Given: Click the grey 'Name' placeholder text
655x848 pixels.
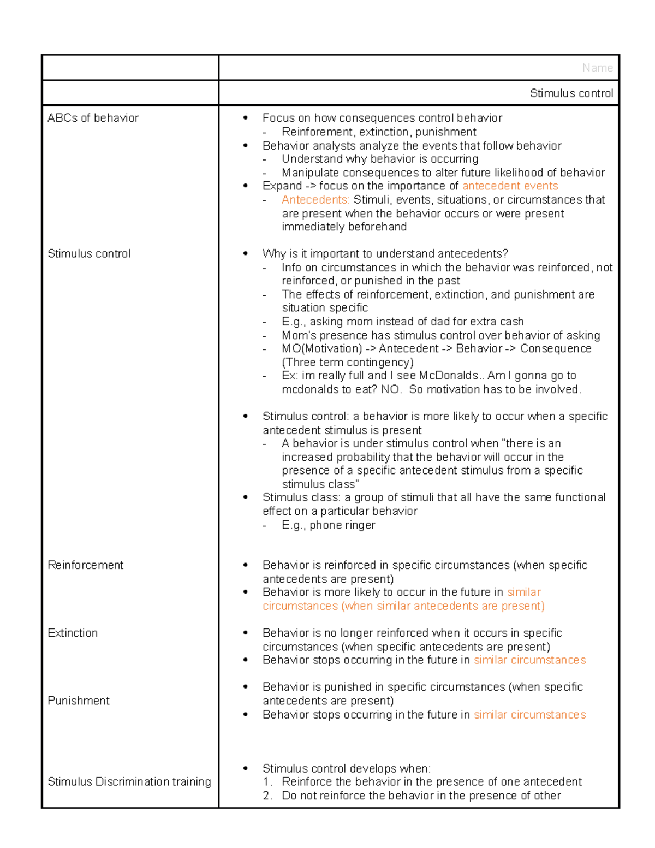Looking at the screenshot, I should pos(597,68).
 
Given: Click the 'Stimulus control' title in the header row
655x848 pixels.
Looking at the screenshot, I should pos(571,93).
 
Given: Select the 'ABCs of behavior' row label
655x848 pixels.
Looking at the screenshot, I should pos(93,118).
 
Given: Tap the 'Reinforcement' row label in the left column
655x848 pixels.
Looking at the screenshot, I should pos(85,565).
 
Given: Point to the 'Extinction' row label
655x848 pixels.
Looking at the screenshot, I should pos(73,633).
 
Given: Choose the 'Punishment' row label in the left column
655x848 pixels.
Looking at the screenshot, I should pos(79,701).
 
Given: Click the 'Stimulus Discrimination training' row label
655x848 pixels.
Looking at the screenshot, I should pos(129,781).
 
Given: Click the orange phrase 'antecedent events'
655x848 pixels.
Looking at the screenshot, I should pos(510,186).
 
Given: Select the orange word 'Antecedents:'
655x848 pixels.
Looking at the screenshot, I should pos(315,200).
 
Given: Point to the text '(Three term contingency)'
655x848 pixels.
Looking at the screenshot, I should pos(348,363).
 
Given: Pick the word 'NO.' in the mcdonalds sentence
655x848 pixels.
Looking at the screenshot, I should pos(391,389).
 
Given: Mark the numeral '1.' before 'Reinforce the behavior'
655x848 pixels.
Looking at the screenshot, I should pos(267,782).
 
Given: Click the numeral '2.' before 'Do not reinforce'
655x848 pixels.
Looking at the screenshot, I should pos(267,796).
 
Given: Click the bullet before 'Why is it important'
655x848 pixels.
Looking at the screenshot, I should pos(246,254).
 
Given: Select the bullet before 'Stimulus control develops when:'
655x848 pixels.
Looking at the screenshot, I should pos(246,769).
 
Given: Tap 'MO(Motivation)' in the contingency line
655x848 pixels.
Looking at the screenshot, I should pos(321,349).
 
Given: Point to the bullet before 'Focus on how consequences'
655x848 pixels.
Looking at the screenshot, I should pos(246,118).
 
